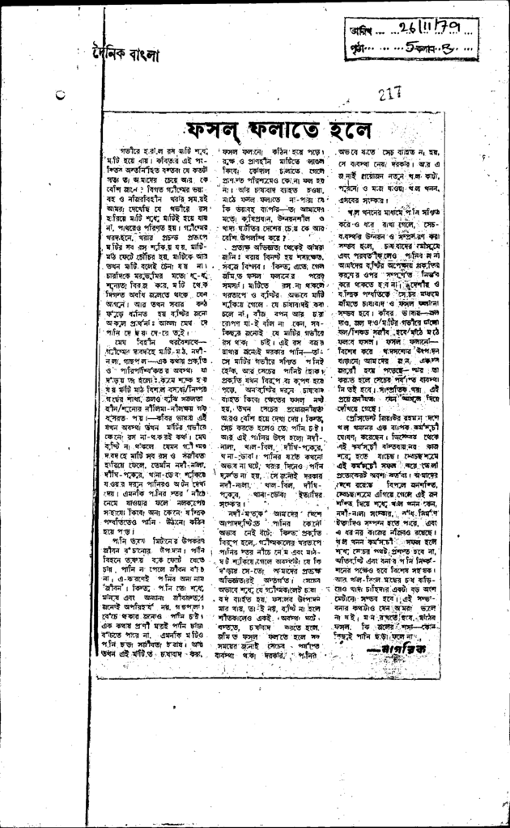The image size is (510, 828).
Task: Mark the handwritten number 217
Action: point(390,94)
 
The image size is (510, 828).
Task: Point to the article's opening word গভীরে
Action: point(129,152)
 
